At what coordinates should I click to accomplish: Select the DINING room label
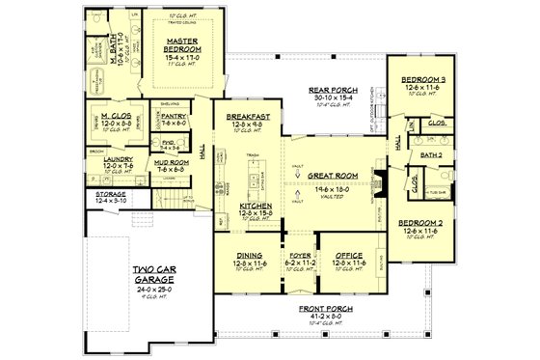point(250,255)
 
